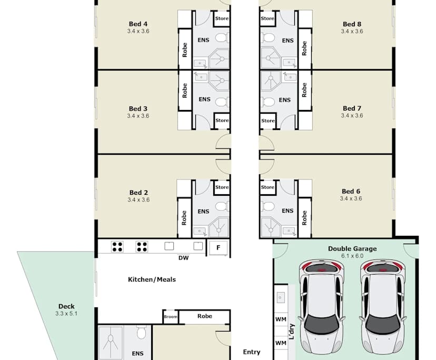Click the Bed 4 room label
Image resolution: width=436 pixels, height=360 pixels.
coord(138,24)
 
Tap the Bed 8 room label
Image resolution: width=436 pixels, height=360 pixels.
coord(352,24)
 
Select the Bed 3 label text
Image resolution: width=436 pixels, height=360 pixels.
coord(138,109)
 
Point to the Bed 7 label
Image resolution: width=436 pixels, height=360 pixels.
coord(352,108)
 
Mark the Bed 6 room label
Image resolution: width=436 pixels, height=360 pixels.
coord(351,192)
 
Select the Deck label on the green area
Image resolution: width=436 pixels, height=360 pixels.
coord(66,306)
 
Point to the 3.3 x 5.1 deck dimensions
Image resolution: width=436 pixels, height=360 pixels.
coord(66,314)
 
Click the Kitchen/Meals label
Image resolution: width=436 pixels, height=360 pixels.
coord(152,279)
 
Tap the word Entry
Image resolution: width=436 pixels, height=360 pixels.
coord(251,352)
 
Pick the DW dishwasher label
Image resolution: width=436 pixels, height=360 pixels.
coord(183,258)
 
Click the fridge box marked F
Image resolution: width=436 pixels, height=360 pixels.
coord(218,247)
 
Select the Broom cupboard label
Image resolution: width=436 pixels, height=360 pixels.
coord(170,317)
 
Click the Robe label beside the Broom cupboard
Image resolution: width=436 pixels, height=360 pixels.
coord(204,316)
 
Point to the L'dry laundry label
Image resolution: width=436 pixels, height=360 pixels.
coord(290,333)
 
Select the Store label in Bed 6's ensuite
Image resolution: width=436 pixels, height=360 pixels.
coord(267,187)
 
